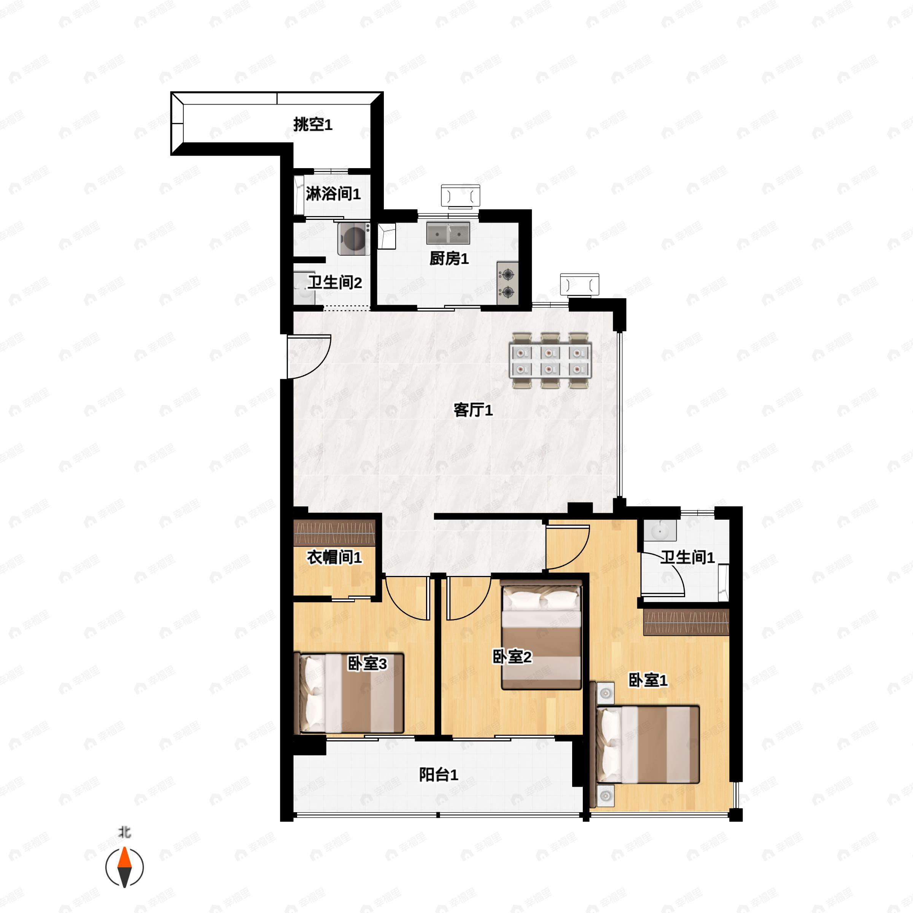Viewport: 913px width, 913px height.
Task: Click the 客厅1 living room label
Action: [x=473, y=410]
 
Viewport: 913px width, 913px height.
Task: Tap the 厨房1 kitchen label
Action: [x=449, y=259]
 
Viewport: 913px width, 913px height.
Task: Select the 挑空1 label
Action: [x=313, y=124]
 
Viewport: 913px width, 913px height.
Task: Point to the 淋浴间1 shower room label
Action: [x=333, y=193]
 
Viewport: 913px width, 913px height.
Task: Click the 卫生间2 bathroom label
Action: [x=335, y=283]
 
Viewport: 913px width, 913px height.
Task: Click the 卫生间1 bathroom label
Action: [x=687, y=557]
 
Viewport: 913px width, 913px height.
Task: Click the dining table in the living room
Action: [x=550, y=361]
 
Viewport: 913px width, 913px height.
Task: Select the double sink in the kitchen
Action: [x=448, y=233]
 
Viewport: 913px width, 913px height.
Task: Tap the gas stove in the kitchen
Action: [x=507, y=283]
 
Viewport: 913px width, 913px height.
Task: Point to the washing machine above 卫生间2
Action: [x=353, y=239]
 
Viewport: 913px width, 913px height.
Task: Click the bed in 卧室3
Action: [x=349, y=693]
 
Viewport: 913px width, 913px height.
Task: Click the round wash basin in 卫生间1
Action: [x=659, y=531]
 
